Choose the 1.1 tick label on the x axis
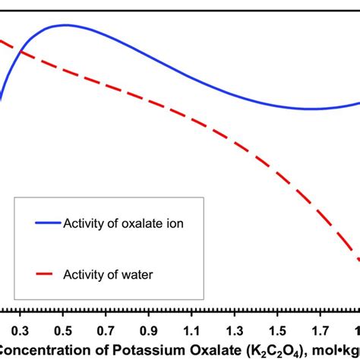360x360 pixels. point(193,330)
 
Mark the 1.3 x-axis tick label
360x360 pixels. point(236,330)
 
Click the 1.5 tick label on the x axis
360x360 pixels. point(279,330)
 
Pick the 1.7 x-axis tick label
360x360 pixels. point(323,330)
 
